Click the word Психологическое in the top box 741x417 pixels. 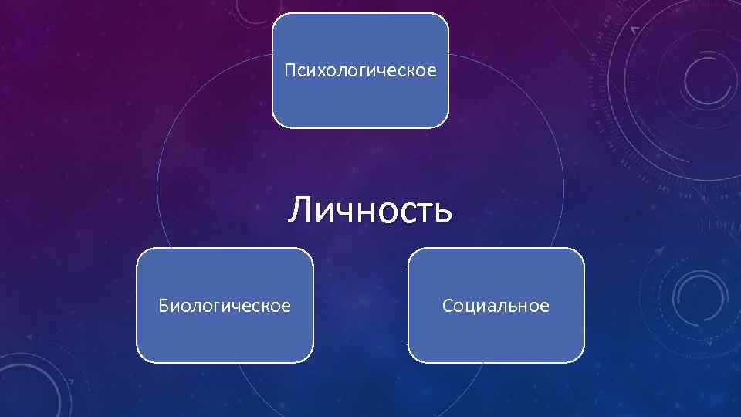(x=360, y=72)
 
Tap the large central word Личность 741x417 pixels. (x=370, y=209)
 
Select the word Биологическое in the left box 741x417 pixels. (x=225, y=307)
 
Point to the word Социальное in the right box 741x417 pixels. (x=496, y=307)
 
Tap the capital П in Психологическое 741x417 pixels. (x=289, y=71)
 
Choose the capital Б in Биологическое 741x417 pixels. (x=164, y=306)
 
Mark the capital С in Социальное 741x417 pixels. (x=448, y=307)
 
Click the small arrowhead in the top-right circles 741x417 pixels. (x=634, y=29)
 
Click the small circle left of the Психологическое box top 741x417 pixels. (x=249, y=9)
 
